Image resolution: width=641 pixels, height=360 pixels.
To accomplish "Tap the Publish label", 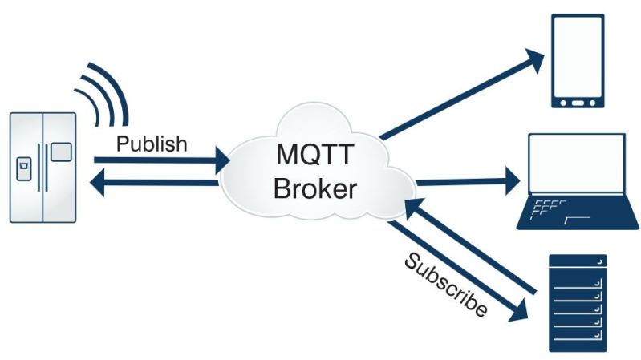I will click(x=152, y=144).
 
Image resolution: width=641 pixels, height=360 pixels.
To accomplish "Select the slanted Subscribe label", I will click(x=445, y=285).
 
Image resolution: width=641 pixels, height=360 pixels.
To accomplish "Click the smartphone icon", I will click(x=577, y=61).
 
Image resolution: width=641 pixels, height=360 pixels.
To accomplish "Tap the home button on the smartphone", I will click(x=577, y=102).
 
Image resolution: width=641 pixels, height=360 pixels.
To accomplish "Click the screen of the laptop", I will click(x=576, y=165).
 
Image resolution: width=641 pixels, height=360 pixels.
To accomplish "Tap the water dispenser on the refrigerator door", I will click(x=24, y=169).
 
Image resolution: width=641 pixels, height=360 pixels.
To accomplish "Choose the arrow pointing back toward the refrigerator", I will click(x=152, y=184).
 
